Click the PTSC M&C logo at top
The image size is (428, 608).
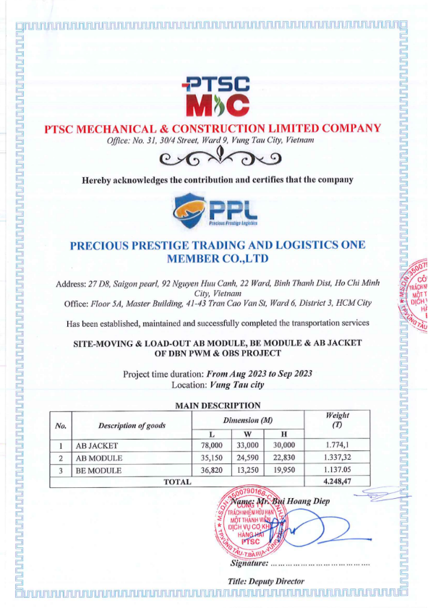tap(214, 96)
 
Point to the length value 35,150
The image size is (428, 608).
tap(216, 458)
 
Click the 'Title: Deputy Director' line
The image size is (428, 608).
tap(265, 581)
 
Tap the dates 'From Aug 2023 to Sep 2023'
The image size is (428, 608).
tap(259, 373)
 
